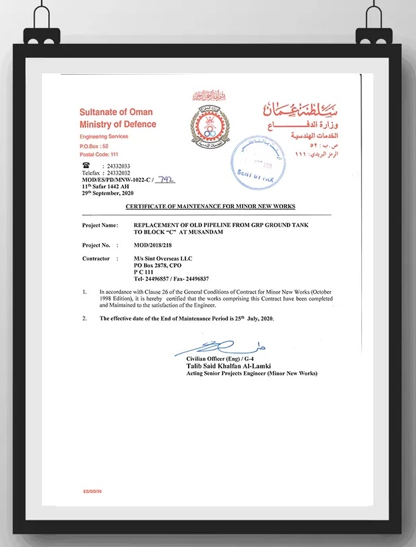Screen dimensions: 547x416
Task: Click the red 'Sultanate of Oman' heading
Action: (116, 111)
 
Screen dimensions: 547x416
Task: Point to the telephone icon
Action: (86, 165)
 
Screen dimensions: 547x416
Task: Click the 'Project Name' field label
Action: (100, 226)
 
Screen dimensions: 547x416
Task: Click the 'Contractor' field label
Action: (96, 259)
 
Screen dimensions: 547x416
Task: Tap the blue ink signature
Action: (220, 346)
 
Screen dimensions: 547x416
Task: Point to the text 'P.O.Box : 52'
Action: (94, 145)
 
